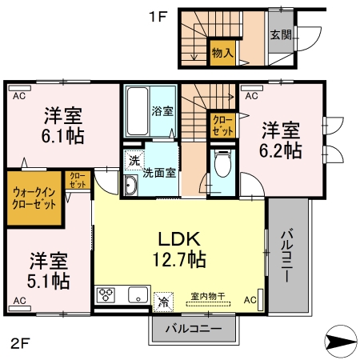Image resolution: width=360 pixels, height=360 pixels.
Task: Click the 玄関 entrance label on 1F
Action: [280, 35]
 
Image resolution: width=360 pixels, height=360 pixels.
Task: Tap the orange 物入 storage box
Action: [222, 54]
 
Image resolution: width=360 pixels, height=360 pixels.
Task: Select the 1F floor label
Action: [156, 16]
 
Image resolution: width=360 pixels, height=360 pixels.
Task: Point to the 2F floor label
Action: [20, 346]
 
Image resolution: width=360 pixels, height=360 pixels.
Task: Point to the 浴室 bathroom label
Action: [162, 110]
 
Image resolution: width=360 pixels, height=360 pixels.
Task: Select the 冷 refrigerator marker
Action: [162, 301]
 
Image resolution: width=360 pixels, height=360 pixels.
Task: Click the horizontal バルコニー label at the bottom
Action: [193, 328]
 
